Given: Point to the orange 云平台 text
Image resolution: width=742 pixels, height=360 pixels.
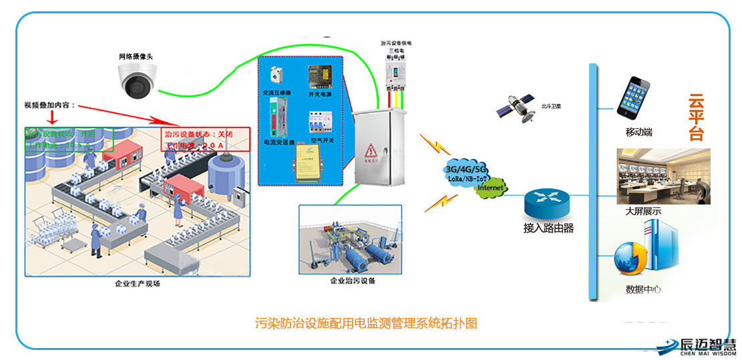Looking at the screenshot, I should tap(697, 118).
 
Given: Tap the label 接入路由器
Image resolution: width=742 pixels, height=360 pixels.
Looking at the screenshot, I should tap(548, 228).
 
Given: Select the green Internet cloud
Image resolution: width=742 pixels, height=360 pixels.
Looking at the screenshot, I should tap(490, 188).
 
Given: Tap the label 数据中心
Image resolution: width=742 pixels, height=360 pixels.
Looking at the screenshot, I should tap(643, 289).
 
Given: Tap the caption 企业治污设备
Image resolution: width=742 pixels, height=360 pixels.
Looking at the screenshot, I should tap(353, 281).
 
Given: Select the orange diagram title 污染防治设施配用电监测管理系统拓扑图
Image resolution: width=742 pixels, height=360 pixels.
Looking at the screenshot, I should tap(367, 324).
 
